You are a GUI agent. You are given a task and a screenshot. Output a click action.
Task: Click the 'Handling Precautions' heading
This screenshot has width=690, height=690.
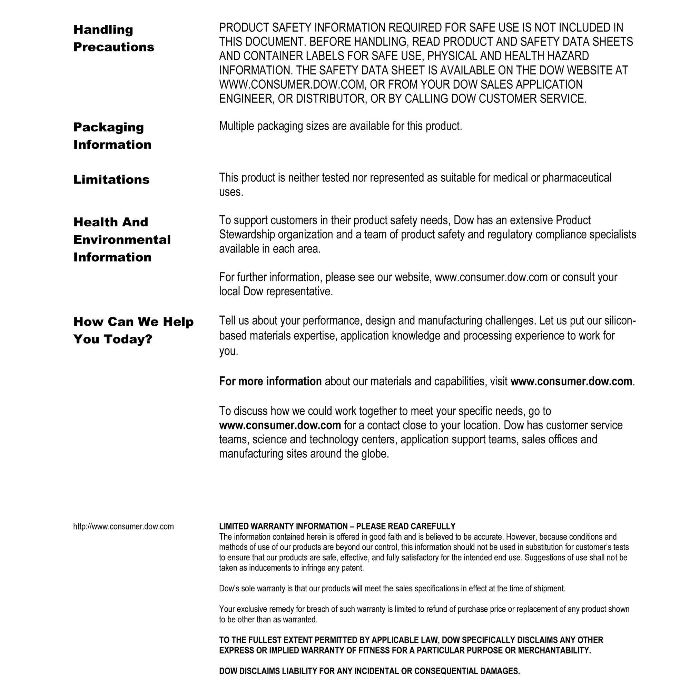[x=114, y=38]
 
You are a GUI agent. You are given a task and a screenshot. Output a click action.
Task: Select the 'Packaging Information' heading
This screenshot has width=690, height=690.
[x=112, y=136]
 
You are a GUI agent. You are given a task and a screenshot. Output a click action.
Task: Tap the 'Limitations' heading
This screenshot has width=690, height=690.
[x=111, y=179]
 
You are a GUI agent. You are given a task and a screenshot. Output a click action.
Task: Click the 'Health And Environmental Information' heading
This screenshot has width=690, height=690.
[x=122, y=239]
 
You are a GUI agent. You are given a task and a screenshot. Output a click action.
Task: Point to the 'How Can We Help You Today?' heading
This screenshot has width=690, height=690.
[x=133, y=330]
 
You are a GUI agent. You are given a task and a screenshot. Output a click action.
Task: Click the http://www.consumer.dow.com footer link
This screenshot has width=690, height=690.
[x=123, y=526]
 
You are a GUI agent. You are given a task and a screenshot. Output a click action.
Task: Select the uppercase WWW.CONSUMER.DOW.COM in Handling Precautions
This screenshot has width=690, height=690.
[x=293, y=84]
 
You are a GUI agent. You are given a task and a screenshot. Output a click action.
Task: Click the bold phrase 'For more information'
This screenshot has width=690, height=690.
[x=270, y=382]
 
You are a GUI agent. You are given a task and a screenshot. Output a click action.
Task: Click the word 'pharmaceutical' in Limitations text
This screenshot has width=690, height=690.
[x=577, y=177]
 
